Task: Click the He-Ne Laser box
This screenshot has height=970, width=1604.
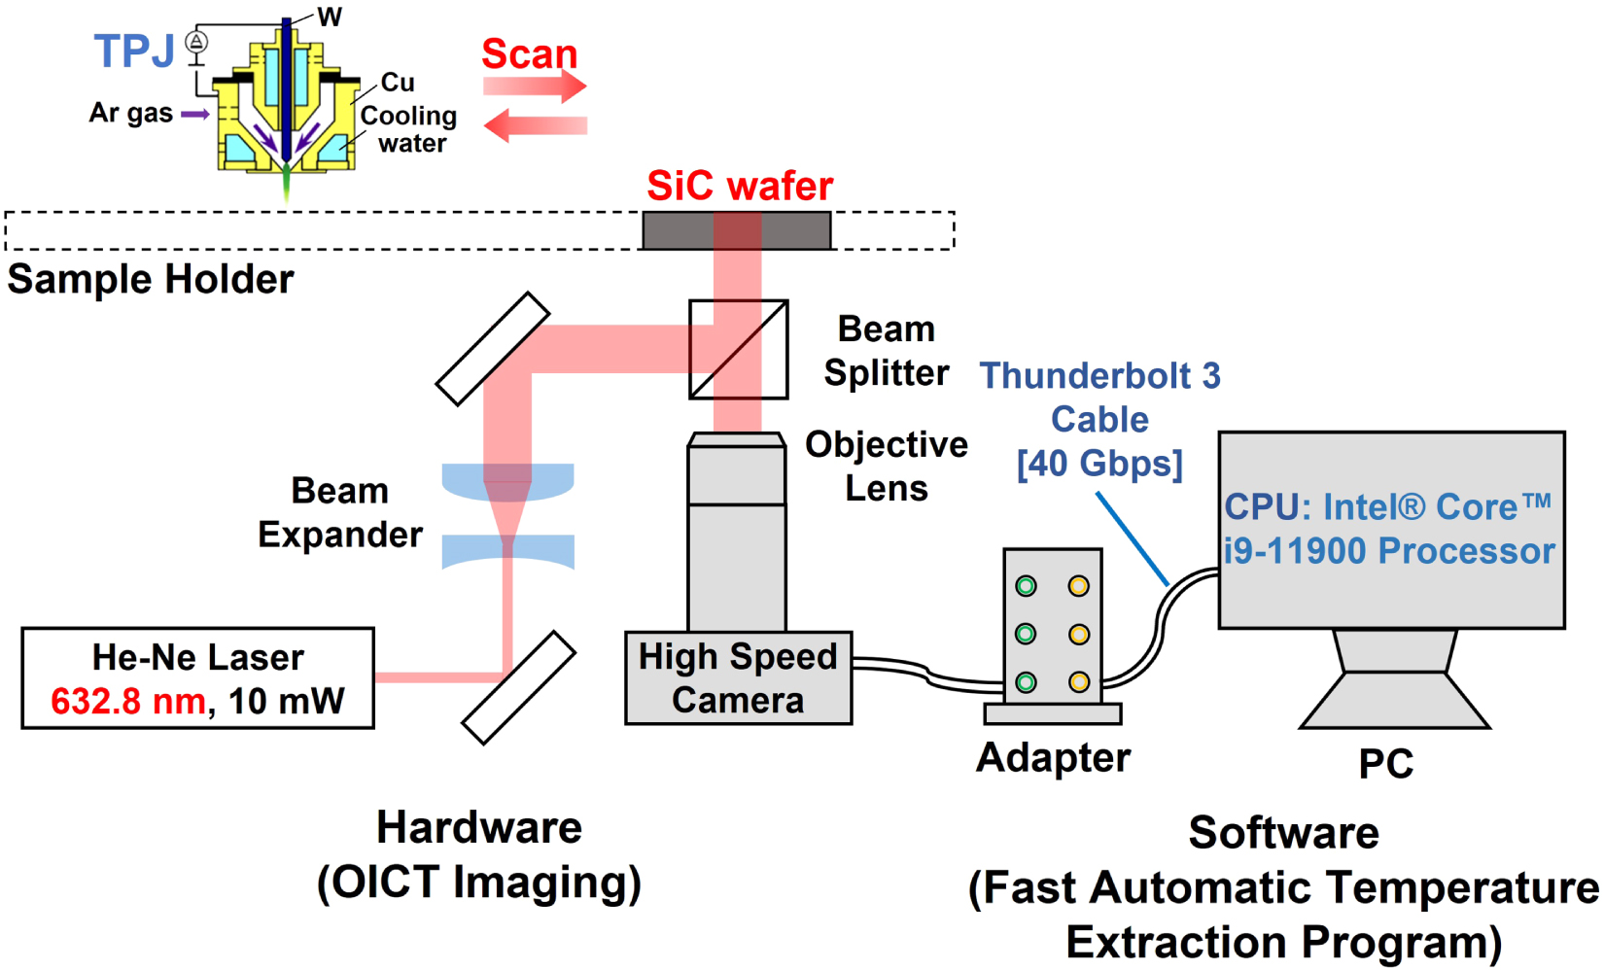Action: point(197,677)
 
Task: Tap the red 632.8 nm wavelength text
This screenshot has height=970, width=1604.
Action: point(127,701)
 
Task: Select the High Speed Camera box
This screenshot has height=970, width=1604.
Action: point(738,678)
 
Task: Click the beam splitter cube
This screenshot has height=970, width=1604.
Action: point(738,349)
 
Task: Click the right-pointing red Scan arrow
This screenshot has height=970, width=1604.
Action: point(535,87)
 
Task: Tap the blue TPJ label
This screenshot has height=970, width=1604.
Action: point(134,51)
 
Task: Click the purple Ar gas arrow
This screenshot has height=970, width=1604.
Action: point(195,114)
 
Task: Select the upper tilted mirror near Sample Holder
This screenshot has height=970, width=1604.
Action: point(492,348)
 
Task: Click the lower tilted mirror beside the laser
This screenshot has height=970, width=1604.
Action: point(518,687)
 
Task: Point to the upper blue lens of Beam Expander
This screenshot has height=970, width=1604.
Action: point(507,480)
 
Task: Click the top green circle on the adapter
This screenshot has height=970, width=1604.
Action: point(1026,585)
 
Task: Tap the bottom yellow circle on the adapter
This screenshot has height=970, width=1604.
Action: point(1078,681)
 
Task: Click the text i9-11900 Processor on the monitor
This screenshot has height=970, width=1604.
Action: point(1389,551)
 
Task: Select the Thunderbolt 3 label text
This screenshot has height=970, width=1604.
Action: point(1099,376)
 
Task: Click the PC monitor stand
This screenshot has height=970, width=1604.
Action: point(1394,680)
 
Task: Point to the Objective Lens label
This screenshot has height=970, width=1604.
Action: point(886,466)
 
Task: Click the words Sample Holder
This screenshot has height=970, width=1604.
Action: point(151,280)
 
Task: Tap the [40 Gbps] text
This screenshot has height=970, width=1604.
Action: point(1099,464)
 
